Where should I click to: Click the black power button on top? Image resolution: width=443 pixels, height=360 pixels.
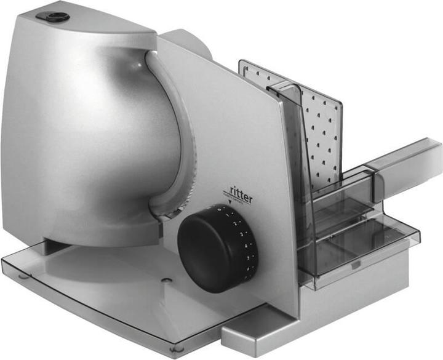coord(57,17)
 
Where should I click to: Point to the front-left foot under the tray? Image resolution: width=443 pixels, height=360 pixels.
coord(23,276)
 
